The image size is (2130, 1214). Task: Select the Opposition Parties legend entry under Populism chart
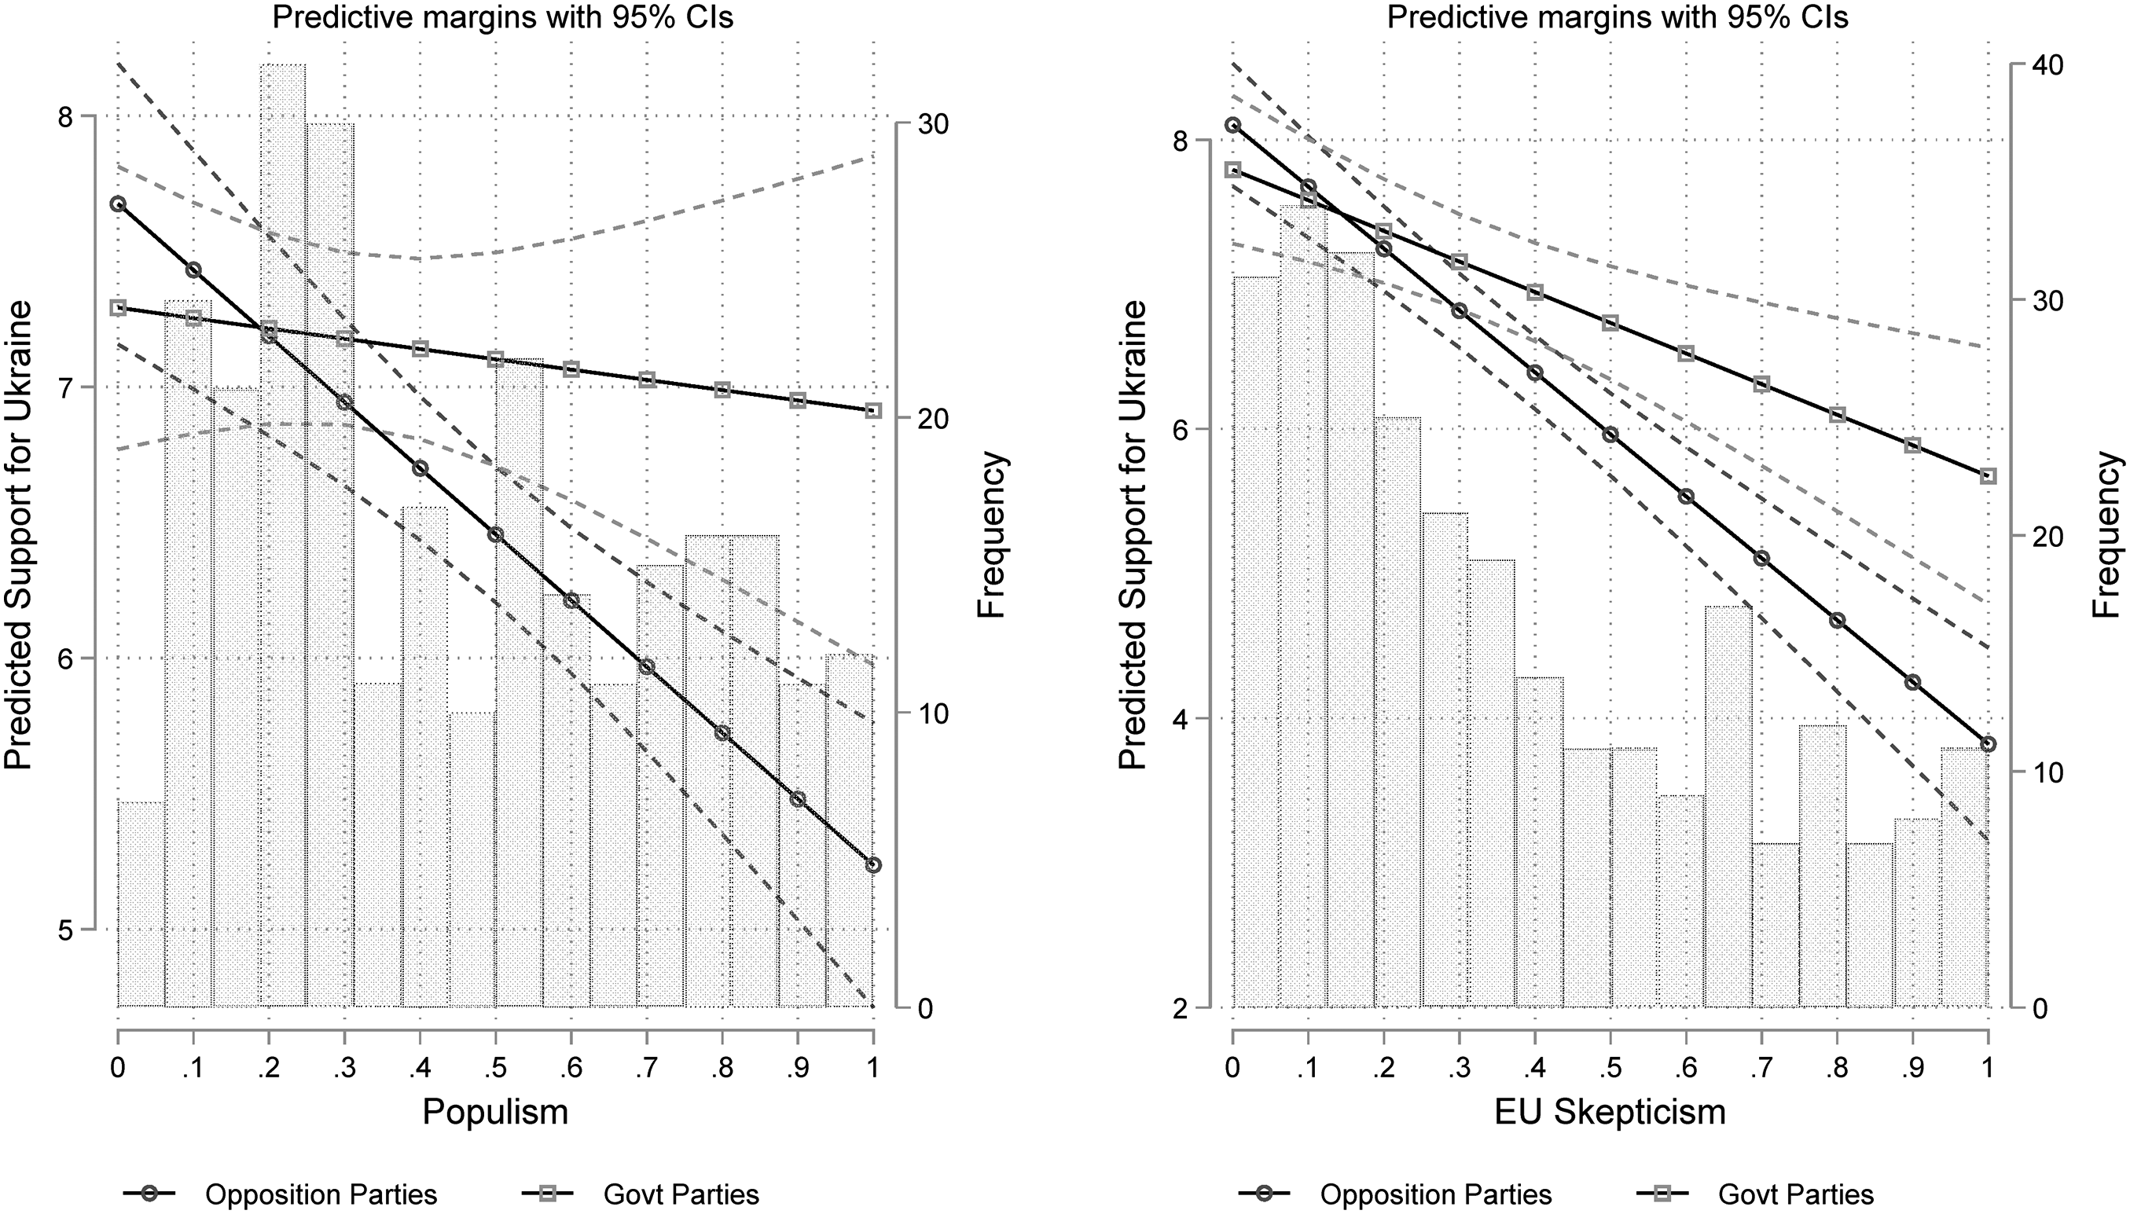pos(281,1194)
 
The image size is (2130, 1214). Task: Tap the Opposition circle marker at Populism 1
pos(873,864)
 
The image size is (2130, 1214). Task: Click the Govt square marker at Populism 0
pos(119,308)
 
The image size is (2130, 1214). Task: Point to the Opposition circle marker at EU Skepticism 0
pos(1232,125)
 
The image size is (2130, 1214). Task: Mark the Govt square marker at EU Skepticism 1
pos(1989,476)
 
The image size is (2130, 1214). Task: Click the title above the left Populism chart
pos(503,17)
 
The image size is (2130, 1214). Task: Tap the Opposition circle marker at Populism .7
pos(646,666)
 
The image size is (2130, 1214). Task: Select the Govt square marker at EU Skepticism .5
pos(1610,323)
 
